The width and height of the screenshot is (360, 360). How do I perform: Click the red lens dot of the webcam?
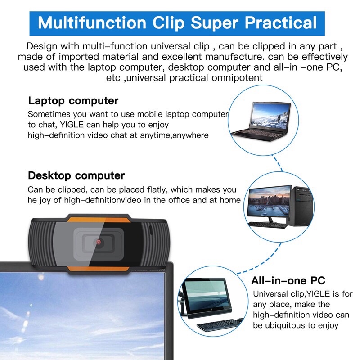(99, 242)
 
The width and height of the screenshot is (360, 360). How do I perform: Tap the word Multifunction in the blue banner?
(92, 23)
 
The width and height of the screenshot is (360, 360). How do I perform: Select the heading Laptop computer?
(73, 101)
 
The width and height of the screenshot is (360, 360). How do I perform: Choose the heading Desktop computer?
(76, 175)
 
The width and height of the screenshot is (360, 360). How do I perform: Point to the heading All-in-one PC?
(288, 280)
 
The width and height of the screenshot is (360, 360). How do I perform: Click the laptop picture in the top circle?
(261, 121)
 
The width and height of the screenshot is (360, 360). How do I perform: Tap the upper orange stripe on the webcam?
(98, 219)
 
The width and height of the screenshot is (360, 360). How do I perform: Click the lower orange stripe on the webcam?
(98, 269)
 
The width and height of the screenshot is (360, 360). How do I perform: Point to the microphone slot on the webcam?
(151, 230)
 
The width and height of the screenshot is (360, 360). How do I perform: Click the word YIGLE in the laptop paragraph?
(72, 125)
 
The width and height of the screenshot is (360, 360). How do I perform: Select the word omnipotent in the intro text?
(237, 78)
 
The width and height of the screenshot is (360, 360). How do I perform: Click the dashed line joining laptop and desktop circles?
(277, 163)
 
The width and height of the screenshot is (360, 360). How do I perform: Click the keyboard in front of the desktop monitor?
(268, 225)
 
